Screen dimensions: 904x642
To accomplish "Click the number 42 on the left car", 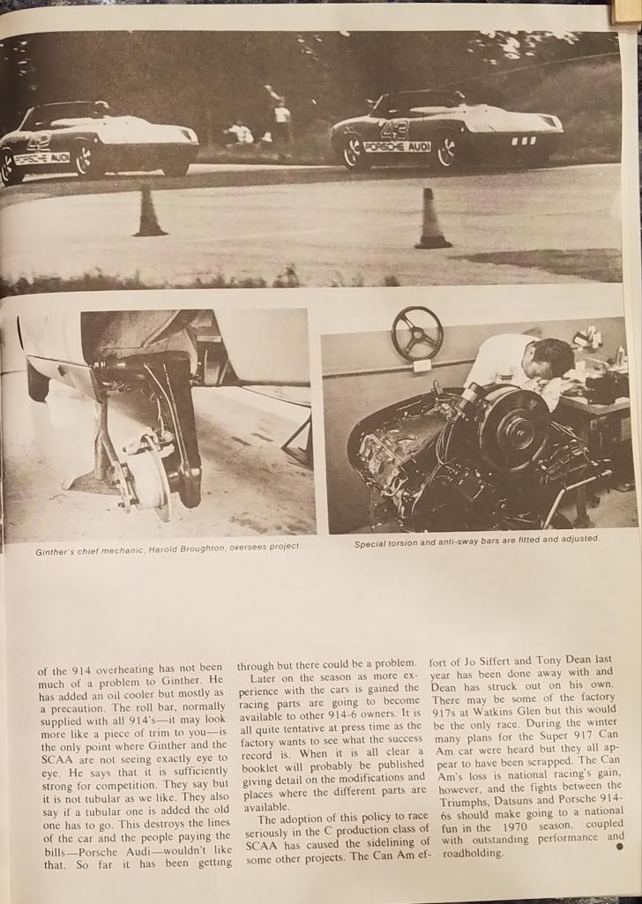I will point(40,140).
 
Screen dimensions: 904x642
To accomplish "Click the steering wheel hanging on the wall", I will point(417,332).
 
